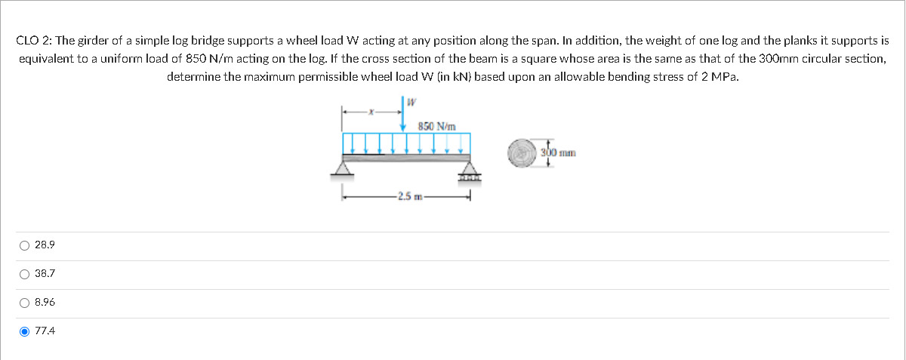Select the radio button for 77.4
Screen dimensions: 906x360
click(x=25, y=331)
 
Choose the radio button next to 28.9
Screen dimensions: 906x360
click(x=25, y=245)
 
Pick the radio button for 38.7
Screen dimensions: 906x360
click(x=25, y=274)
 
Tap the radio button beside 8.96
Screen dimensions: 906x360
click(x=25, y=303)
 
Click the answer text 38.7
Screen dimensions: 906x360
click(x=45, y=274)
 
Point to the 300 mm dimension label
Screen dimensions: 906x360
click(x=559, y=153)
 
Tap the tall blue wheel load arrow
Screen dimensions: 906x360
click(x=402, y=112)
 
